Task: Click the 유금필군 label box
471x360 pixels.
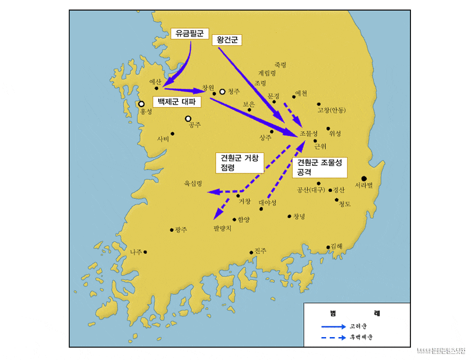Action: pyautogui.click(x=188, y=34)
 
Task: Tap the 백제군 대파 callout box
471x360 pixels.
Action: pyautogui.click(x=177, y=102)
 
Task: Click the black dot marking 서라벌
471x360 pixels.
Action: pyautogui.click(x=364, y=178)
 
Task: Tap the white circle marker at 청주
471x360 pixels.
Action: pyautogui.click(x=223, y=91)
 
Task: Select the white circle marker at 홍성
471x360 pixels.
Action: pyautogui.click(x=141, y=104)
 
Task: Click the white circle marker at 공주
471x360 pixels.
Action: pyautogui.click(x=188, y=118)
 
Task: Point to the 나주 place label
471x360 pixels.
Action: pyautogui.click(x=136, y=252)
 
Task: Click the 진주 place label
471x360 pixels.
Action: pyautogui.click(x=261, y=251)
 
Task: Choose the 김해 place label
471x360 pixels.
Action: pyautogui.click(x=337, y=246)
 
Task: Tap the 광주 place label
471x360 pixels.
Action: pyautogui.click(x=180, y=230)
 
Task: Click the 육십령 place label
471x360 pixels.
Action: pyautogui.click(x=193, y=184)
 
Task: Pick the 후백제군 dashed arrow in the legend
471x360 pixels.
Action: pyautogui.click(x=333, y=338)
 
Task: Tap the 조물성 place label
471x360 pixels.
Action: pyautogui.click(x=309, y=134)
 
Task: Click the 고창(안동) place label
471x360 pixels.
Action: pyautogui.click(x=331, y=110)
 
